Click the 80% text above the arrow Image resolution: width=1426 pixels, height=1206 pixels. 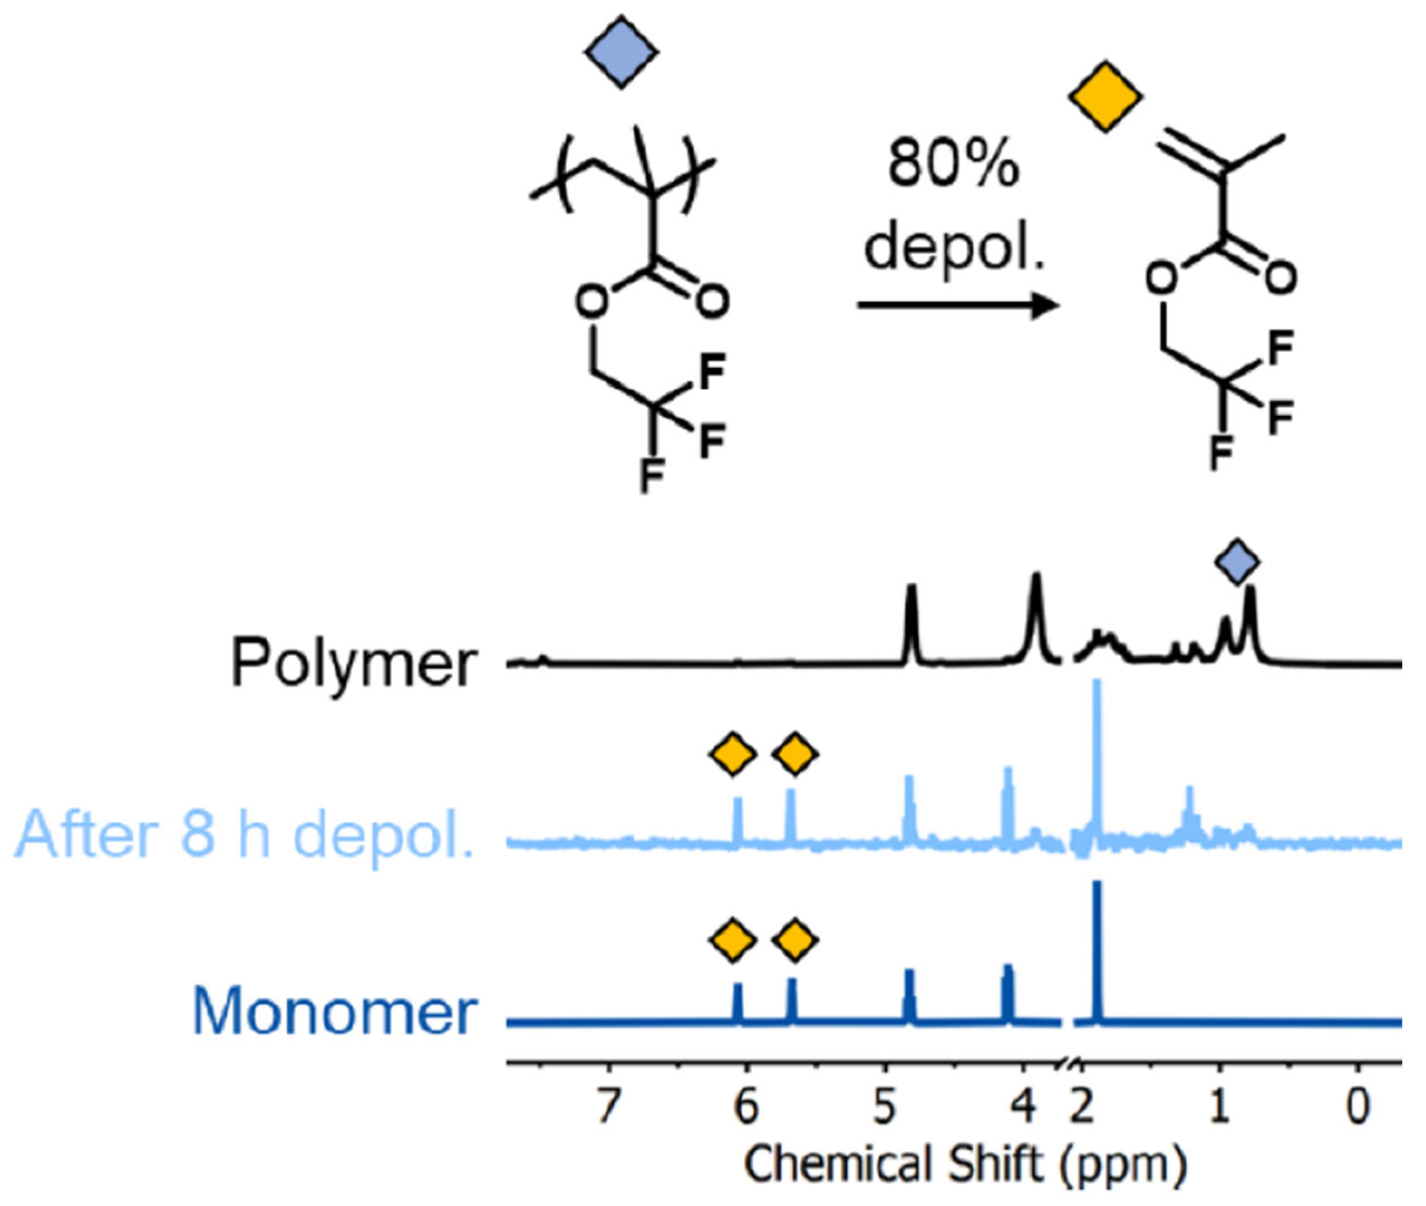click(953, 166)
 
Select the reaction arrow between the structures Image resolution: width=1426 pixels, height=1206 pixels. click(958, 305)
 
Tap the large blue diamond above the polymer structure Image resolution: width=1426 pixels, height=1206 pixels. click(621, 52)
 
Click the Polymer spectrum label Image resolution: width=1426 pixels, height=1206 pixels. click(353, 663)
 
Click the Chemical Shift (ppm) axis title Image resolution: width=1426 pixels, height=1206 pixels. click(964, 1164)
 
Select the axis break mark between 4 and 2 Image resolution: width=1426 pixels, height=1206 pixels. click(1068, 1064)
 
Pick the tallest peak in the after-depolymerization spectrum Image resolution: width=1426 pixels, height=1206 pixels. click(1098, 752)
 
